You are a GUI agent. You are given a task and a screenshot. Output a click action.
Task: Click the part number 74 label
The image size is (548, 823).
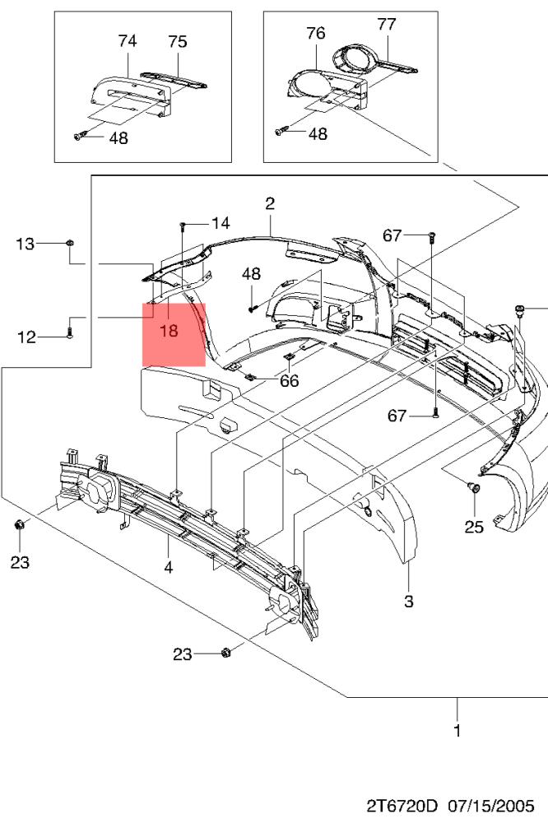click(x=127, y=40)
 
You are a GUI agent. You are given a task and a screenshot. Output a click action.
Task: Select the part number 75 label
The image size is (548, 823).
click(x=178, y=41)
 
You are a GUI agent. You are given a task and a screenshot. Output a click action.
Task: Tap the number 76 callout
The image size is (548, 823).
click(x=315, y=34)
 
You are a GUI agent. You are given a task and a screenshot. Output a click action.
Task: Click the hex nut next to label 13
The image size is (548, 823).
click(x=71, y=243)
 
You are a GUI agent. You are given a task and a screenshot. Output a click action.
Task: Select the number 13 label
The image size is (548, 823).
click(x=26, y=243)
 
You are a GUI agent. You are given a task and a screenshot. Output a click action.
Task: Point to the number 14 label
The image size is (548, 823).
click(x=220, y=223)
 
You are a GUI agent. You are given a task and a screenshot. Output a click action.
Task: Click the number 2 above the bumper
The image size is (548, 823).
click(x=269, y=204)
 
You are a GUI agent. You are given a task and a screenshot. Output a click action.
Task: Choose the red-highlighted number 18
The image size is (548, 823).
click(x=169, y=332)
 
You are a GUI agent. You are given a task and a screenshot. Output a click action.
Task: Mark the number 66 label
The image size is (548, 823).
click(x=289, y=380)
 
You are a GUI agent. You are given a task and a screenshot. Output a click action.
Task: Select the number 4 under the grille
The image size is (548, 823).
click(x=168, y=566)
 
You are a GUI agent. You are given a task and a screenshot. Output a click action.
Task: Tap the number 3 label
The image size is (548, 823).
click(x=408, y=602)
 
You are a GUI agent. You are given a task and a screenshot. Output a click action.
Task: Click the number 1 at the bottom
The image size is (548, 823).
click(x=457, y=729)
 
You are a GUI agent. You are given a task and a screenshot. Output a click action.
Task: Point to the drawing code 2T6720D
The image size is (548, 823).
click(x=405, y=804)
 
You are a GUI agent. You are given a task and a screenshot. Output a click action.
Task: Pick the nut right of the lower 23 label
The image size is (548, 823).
click(x=226, y=653)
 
